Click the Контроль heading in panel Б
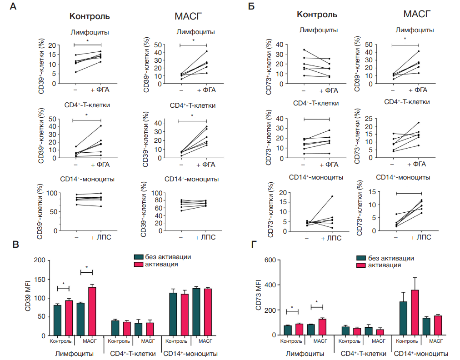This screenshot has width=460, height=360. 317,15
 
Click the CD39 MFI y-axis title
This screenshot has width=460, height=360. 28,298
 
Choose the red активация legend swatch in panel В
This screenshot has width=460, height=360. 138,264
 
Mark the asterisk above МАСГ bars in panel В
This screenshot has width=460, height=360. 86,267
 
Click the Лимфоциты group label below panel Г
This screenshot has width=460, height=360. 305,353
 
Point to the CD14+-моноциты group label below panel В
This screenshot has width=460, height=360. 190,353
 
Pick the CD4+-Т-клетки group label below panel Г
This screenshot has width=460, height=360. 362,353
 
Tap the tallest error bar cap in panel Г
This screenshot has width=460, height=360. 415,277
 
